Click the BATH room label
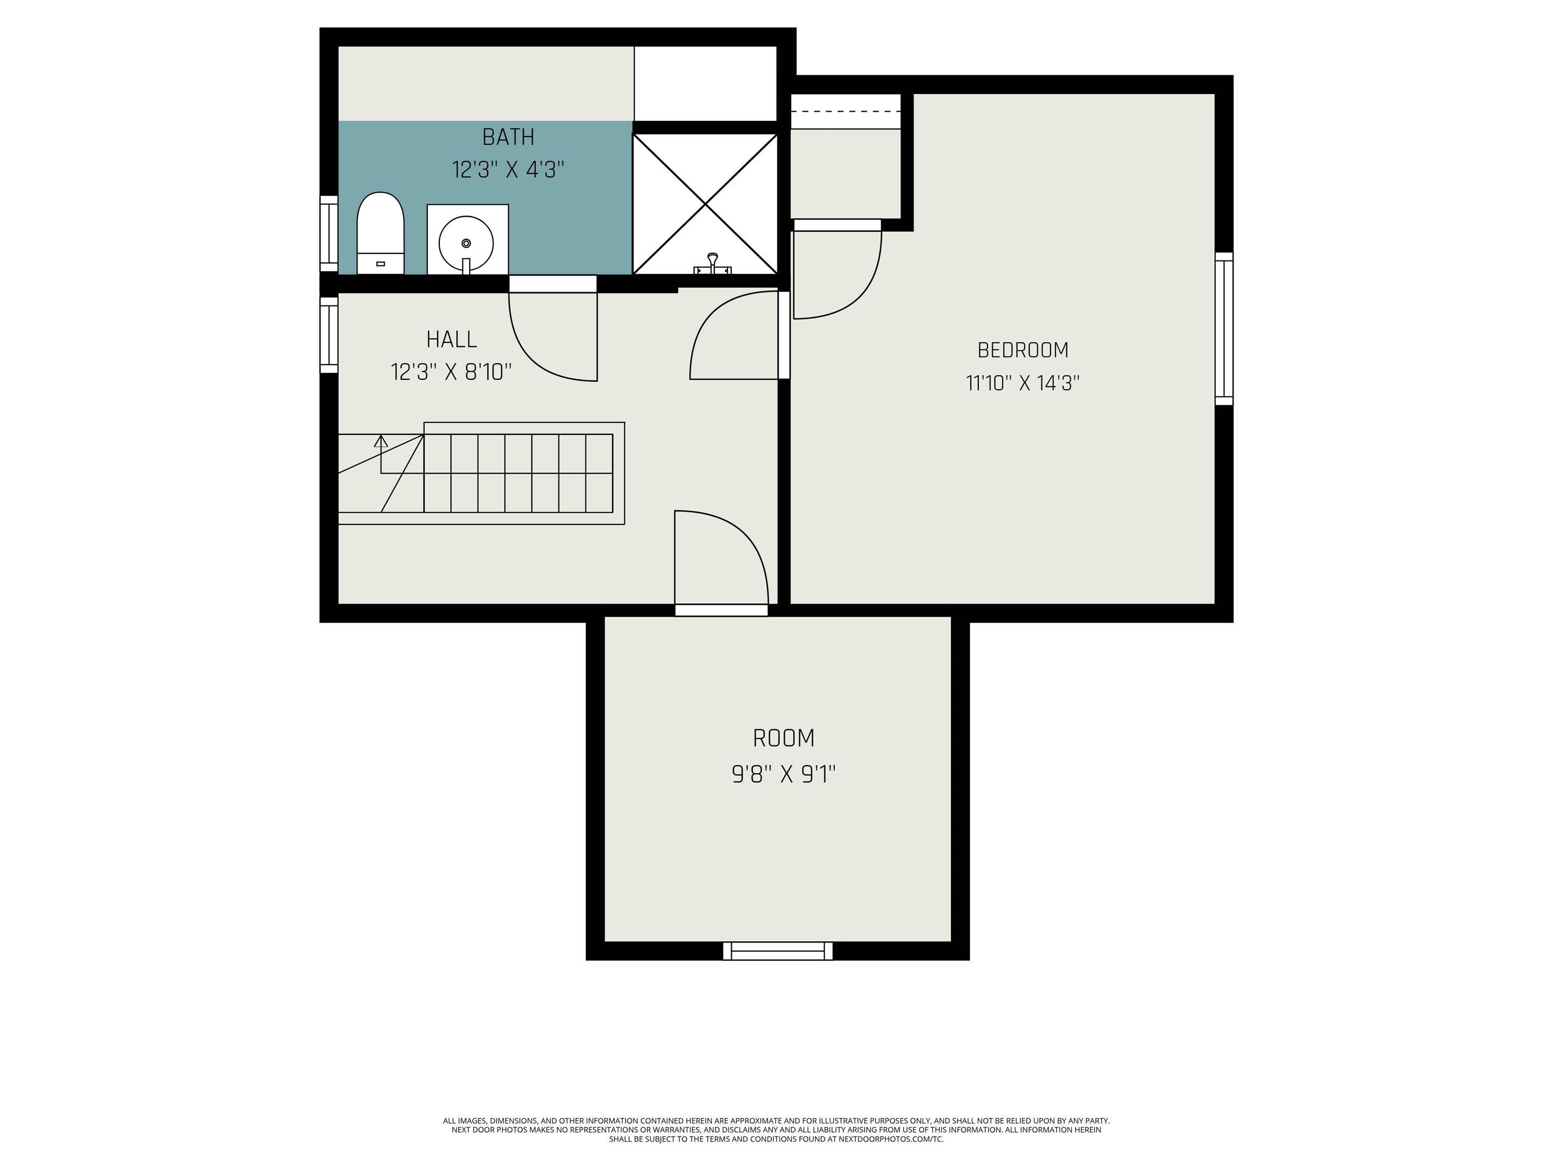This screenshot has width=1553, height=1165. pyautogui.click(x=508, y=137)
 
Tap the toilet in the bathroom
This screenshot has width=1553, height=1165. pyautogui.click(x=381, y=233)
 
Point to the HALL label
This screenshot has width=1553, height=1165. pyautogui.click(x=451, y=339)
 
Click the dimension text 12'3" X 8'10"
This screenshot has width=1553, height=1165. pyautogui.click(x=451, y=372)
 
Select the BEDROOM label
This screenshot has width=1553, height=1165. pyautogui.click(x=1023, y=350)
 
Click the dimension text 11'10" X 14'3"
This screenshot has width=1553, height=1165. pyautogui.click(x=1023, y=383)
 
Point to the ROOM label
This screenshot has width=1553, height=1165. pyautogui.click(x=784, y=738)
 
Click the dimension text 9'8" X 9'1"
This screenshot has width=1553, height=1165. pyautogui.click(x=784, y=775)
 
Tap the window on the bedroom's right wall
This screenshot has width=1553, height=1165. pyautogui.click(x=1224, y=329)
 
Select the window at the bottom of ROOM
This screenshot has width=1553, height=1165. pyautogui.click(x=778, y=951)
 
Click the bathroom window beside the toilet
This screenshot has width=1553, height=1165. pyautogui.click(x=329, y=233)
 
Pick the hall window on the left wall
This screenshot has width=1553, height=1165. pyautogui.click(x=329, y=335)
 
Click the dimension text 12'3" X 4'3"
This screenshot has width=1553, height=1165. pyautogui.click(x=508, y=170)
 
